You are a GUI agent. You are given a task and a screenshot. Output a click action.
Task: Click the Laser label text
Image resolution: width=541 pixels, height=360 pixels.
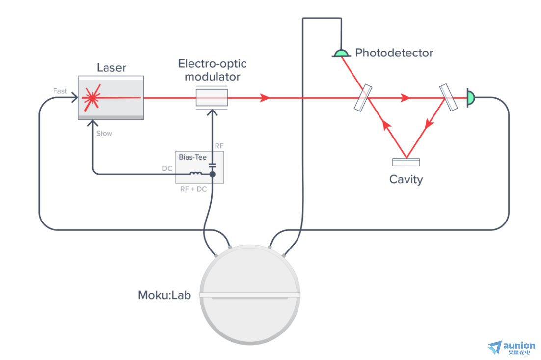(111, 67)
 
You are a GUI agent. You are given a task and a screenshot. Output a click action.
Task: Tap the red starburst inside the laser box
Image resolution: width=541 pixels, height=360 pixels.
(92, 98)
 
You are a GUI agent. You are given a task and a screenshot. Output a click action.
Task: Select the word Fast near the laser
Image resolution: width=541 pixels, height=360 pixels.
(60, 91)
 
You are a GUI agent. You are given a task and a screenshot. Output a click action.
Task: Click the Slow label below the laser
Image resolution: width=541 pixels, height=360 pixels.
(104, 134)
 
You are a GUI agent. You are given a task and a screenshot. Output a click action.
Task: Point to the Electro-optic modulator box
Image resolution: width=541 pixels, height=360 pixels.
(212, 98)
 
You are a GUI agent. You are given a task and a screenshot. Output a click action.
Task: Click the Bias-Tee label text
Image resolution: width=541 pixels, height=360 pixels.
(192, 157)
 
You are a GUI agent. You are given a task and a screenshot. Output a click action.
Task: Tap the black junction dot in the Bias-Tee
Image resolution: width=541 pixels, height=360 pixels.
(213, 175)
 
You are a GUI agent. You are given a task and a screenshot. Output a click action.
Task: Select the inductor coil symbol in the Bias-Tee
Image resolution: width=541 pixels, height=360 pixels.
(195, 173)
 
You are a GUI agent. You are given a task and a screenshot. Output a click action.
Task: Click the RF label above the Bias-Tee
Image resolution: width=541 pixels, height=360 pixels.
(219, 146)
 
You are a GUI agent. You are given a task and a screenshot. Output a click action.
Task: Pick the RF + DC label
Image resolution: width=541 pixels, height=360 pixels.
(193, 189)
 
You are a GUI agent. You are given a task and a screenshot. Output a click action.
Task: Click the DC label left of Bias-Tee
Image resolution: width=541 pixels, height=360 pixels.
(167, 169)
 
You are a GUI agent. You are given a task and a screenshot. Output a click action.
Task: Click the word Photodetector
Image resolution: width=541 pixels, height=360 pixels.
(394, 53)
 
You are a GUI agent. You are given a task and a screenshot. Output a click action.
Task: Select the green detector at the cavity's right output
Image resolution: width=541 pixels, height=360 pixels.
(470, 98)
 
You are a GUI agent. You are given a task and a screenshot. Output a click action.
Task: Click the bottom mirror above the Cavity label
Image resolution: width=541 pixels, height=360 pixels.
(406, 162)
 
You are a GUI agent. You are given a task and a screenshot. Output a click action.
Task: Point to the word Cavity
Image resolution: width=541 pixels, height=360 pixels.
(406, 179)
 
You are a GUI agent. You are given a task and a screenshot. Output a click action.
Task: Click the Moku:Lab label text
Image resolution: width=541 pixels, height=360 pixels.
(164, 295)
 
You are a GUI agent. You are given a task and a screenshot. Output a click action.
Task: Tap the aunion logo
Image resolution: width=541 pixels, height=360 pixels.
(512, 348)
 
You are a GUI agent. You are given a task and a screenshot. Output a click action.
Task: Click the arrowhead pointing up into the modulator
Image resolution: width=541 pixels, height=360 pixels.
(212, 112)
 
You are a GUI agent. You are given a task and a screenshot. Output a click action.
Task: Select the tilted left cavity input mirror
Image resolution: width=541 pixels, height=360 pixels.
(363, 98)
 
